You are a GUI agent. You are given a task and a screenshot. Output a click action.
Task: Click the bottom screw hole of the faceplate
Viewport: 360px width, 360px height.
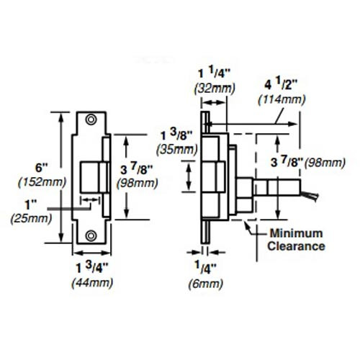[x=91, y=235]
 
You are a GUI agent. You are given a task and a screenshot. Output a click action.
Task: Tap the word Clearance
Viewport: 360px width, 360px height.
[x=296, y=246]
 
